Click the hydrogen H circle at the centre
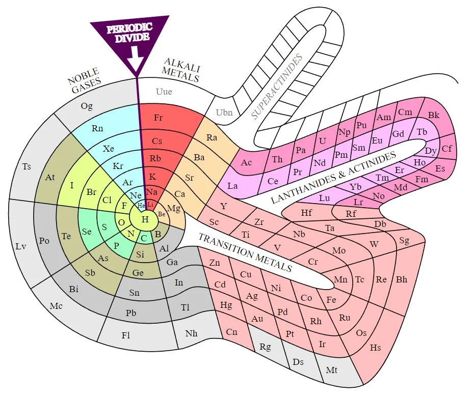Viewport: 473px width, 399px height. coord(145,219)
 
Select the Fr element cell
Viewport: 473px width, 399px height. coord(159,118)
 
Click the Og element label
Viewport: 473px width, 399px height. coord(87,106)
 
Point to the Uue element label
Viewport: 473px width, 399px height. coord(163,92)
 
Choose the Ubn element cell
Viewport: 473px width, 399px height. coord(224,112)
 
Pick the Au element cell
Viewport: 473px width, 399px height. coord(257,319)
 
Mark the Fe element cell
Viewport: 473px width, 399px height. coord(331,300)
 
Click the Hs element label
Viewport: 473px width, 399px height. coord(376,348)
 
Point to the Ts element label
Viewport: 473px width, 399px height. coord(27,166)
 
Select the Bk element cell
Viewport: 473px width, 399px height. coord(434,116)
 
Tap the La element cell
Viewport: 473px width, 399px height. coord(232,186)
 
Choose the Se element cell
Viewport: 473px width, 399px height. coord(87,232)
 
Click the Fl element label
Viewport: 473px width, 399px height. coord(125,335)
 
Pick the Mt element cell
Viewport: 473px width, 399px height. coord(332,370)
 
